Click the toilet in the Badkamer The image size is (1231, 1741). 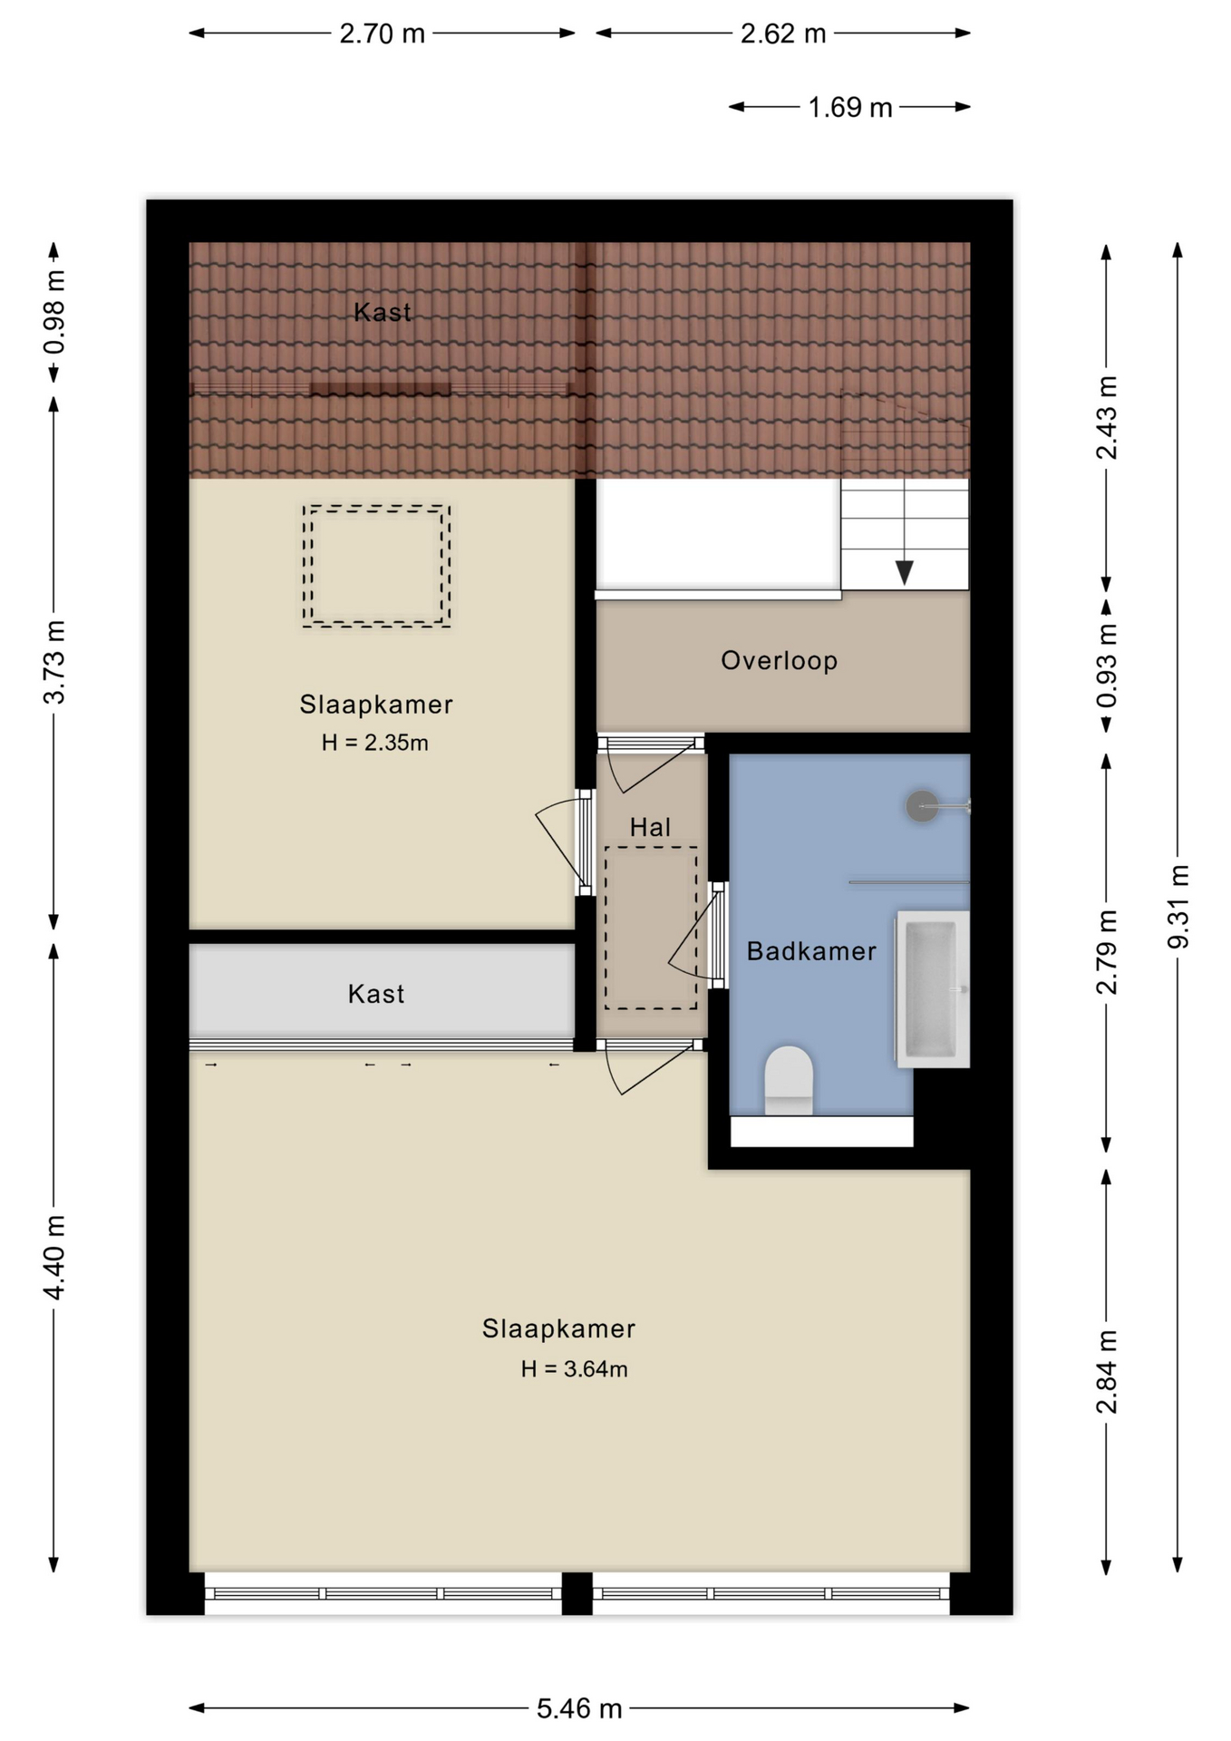point(789,1080)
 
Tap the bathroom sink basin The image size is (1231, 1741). point(931,989)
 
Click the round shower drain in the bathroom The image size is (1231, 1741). point(922,806)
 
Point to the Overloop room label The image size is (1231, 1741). point(779,660)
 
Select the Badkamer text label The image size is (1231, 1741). point(811,951)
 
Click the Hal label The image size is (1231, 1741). point(650,827)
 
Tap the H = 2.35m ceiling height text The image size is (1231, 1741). point(374,743)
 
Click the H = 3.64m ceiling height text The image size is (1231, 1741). point(574,1369)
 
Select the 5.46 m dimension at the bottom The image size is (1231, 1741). point(579,1708)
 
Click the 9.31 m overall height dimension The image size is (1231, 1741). point(1178,907)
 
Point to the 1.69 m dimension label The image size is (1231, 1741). point(850,108)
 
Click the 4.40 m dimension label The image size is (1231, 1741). point(54,1258)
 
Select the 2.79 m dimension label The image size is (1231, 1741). point(1107,952)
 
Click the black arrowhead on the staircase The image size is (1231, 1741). point(905,572)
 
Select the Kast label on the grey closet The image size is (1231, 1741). point(375,994)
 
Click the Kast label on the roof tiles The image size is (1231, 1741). point(382,312)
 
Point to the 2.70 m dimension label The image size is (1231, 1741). point(382,34)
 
